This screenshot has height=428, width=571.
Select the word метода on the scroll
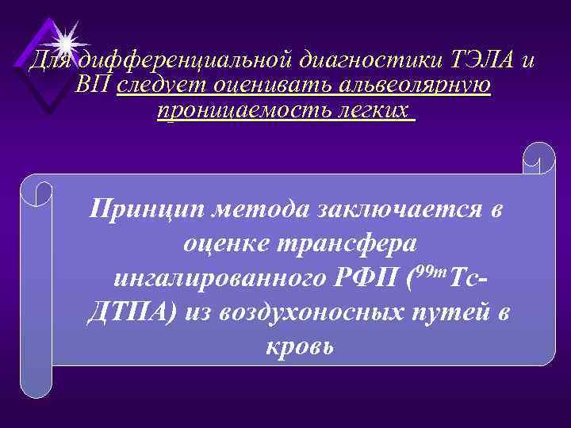coord(263,209)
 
